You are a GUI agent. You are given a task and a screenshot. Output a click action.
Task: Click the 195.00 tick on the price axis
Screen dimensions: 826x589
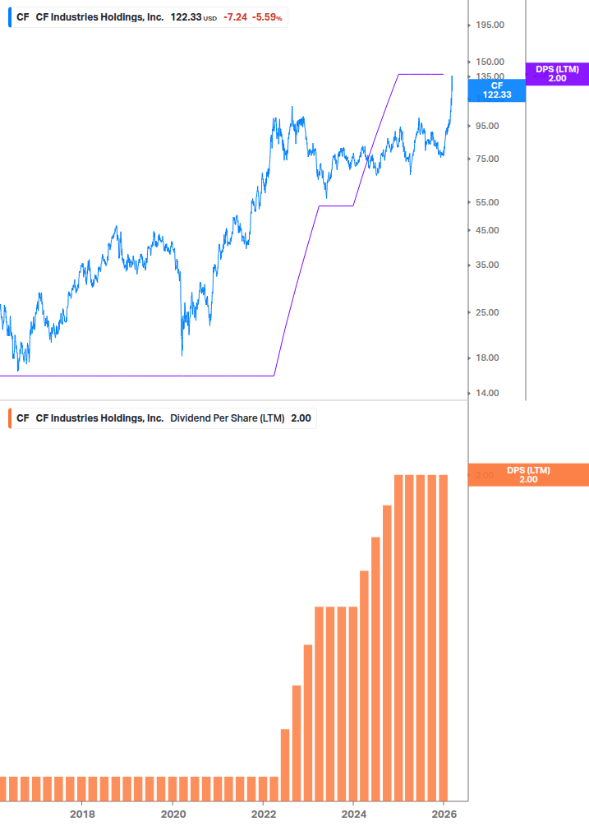coord(489,25)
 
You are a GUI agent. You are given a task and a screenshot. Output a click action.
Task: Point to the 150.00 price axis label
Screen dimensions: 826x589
coord(489,62)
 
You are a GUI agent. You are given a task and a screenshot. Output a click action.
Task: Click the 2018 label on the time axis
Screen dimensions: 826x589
coord(82,814)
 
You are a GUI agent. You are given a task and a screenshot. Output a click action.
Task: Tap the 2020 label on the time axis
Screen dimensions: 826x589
coord(173,814)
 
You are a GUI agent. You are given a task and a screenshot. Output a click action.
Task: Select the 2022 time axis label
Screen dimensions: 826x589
coord(263,814)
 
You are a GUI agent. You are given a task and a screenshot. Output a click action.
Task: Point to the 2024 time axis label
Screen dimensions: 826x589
coord(353,814)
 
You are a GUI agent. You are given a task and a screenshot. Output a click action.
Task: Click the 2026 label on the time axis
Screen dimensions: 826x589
coord(444,814)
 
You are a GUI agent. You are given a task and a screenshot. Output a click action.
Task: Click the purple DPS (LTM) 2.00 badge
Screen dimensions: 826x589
coord(557,73)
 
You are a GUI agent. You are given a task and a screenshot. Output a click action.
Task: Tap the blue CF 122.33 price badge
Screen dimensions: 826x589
coord(496,90)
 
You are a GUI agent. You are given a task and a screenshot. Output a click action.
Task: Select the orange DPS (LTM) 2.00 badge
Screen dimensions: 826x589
coord(528,475)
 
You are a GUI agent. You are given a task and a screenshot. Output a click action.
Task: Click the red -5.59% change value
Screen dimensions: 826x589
coord(268,16)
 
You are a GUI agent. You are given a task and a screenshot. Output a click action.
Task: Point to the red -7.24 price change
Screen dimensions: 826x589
coord(235,16)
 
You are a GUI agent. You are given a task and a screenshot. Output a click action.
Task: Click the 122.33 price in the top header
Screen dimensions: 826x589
coord(186,16)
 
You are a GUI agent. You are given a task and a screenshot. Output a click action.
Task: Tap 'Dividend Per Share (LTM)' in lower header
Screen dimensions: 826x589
coord(227,418)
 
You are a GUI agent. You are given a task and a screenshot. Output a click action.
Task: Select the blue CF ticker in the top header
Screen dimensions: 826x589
coord(22,16)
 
